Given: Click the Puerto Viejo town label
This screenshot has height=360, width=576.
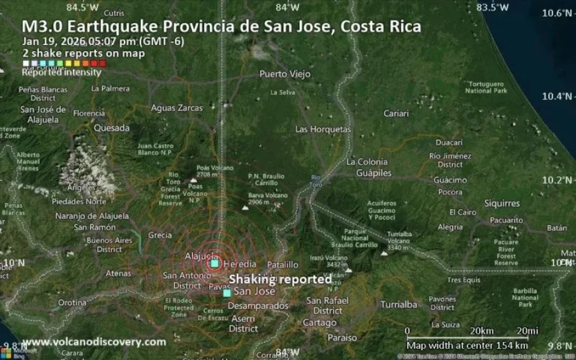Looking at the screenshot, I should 285,74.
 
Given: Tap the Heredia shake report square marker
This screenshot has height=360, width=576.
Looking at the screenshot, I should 215,264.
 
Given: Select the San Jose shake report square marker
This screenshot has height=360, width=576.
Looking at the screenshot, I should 227,292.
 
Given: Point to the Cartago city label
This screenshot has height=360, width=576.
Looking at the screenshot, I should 320,323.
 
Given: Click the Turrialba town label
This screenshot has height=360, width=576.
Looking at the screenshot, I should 399,304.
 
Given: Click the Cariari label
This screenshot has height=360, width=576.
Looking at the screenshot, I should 396,114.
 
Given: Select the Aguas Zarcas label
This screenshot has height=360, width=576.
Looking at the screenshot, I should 177,108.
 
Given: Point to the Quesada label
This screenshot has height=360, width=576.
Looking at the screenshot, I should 111,128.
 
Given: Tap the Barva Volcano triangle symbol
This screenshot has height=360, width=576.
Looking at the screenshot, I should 246,207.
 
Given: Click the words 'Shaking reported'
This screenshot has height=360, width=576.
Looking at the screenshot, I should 280,279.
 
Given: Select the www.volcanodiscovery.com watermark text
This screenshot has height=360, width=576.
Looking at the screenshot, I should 94,342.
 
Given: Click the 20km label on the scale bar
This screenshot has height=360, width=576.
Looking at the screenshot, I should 481,331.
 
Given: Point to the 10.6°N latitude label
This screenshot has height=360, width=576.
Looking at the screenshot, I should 556,13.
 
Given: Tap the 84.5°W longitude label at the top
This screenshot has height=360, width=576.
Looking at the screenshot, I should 83,7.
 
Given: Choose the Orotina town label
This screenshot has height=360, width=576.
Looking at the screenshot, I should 72,302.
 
